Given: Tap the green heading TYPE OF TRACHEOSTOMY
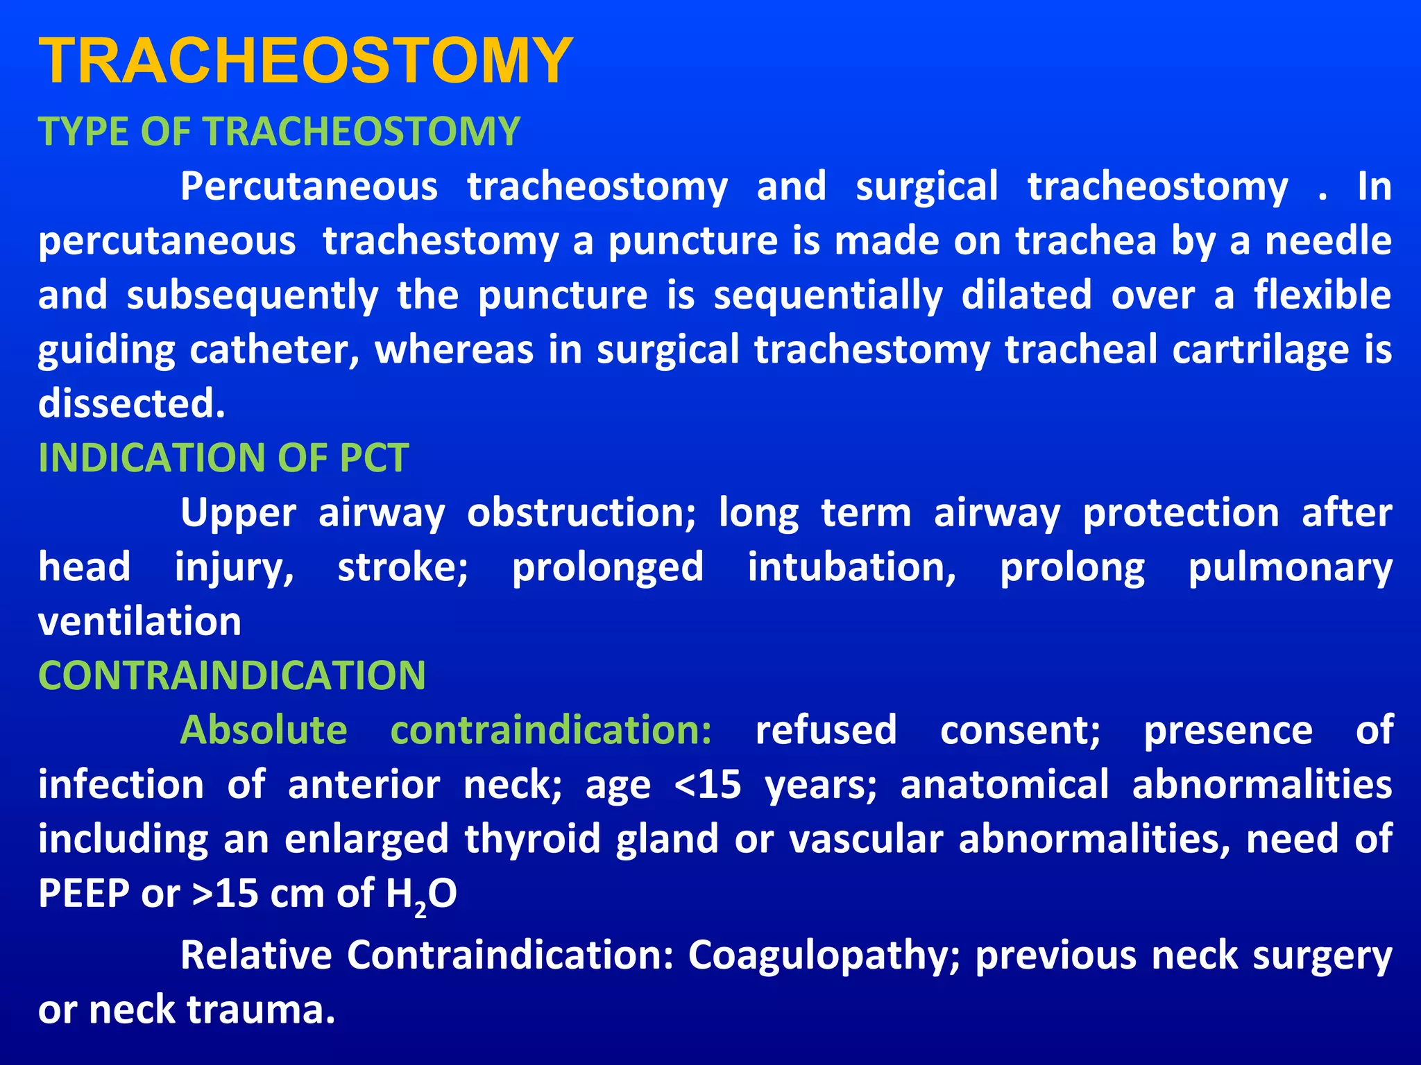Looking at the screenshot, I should [279, 131].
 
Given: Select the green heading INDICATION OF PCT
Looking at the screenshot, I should [223, 458].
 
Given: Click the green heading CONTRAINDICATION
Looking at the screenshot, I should [232, 675].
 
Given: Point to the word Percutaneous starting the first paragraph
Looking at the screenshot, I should [309, 187].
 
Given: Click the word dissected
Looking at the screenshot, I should [131, 404].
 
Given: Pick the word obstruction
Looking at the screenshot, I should [581, 513].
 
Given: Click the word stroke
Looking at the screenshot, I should [402, 567].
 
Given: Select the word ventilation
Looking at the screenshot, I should [139, 621].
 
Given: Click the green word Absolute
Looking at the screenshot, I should [264, 730].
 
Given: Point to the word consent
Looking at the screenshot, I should [1020, 730].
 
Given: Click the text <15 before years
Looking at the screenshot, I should [708, 785].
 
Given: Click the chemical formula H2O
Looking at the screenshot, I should [421, 894].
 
